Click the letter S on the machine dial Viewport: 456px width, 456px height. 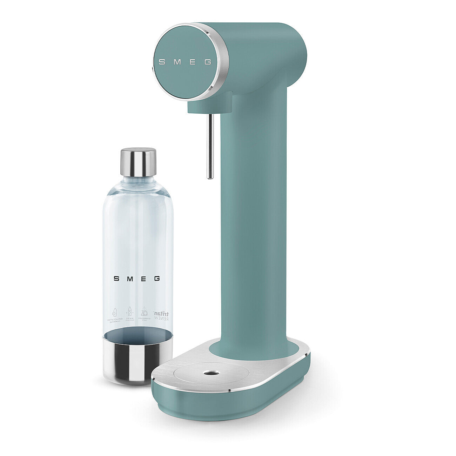pos(162,62)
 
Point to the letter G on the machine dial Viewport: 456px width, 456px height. pos(208,62)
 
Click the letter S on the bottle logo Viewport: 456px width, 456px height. pos(116,279)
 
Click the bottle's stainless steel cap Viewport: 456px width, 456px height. pos(138,162)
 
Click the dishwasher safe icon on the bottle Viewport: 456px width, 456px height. pos(144,313)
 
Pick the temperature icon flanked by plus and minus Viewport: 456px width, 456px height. pos(129,312)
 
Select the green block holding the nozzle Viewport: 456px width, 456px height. pos(209,104)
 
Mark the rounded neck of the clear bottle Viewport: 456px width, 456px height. pos(138,186)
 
